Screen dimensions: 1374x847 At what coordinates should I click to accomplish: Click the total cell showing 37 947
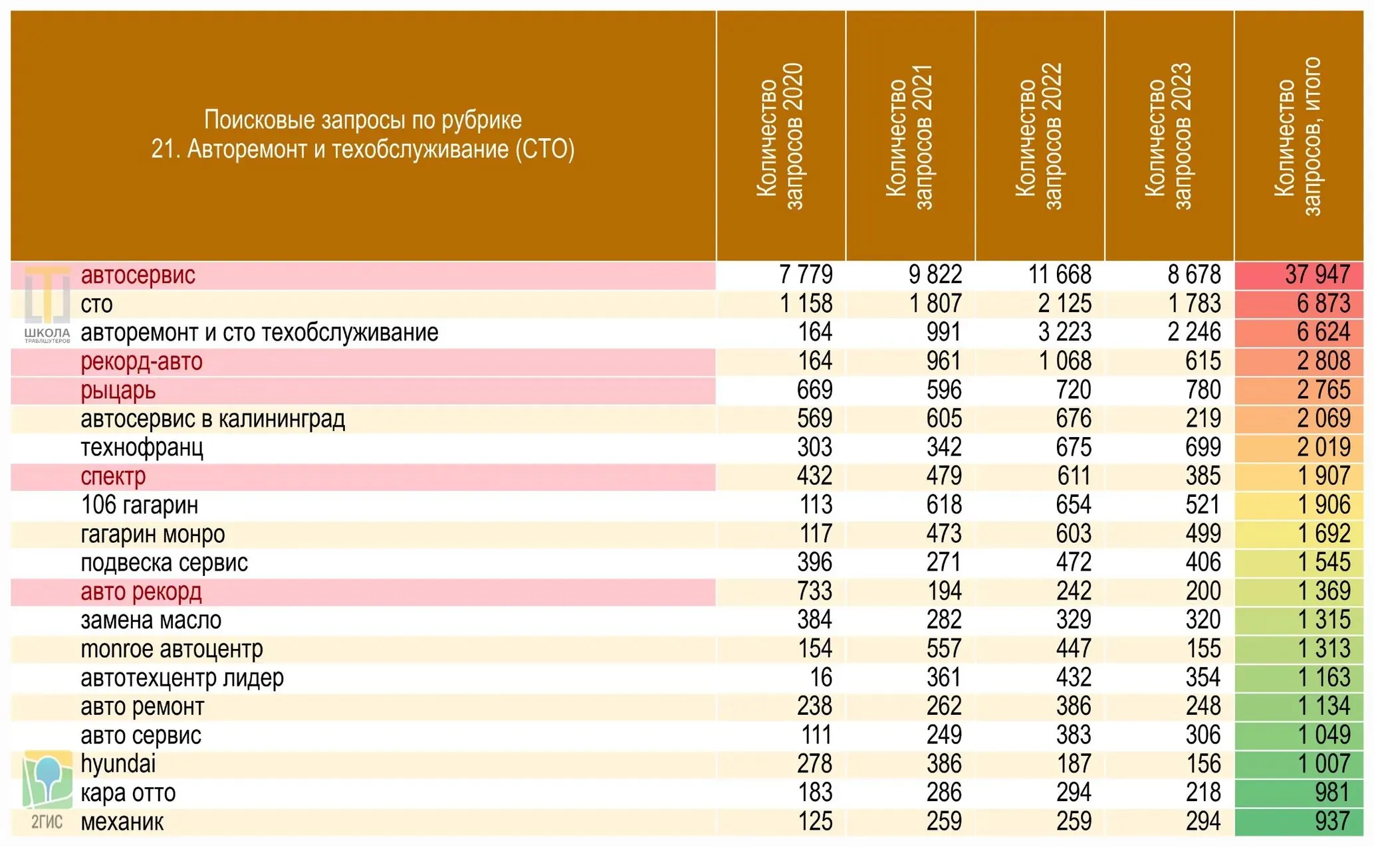pyautogui.click(x=1317, y=274)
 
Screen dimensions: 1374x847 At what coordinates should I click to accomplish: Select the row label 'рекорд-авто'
pyautogui.click(x=142, y=361)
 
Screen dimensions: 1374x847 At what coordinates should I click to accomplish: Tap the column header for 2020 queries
pyautogui.click(x=780, y=136)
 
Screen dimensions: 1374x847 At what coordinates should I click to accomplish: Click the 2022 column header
pyautogui.click(x=1039, y=136)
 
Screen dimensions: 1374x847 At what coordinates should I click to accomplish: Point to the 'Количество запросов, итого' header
pyautogui.click(x=1298, y=136)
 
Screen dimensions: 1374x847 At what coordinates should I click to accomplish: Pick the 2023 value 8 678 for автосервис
pyautogui.click(x=1194, y=274)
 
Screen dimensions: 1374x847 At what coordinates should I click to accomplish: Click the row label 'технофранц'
pyautogui.click(x=142, y=448)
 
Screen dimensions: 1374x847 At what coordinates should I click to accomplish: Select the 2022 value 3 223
pyautogui.click(x=1065, y=332)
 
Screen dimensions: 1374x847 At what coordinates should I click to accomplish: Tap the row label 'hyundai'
pyautogui.click(x=118, y=764)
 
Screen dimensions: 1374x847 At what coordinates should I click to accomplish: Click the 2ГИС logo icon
pyautogui.click(x=47, y=790)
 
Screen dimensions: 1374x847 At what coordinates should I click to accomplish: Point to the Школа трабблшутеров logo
pyautogui.click(x=47, y=305)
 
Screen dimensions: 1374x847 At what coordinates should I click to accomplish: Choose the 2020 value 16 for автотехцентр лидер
pyautogui.click(x=821, y=678)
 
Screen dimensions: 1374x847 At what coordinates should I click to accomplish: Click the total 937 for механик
pyautogui.click(x=1332, y=822)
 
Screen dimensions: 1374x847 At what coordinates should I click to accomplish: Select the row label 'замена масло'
pyautogui.click(x=151, y=620)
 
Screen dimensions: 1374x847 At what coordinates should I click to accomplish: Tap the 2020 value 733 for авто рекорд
pyautogui.click(x=815, y=591)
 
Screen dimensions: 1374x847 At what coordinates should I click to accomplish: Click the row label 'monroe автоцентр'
pyautogui.click(x=172, y=649)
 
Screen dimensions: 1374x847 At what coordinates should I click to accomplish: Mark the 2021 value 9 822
pyautogui.click(x=935, y=274)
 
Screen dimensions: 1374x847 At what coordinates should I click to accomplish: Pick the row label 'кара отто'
pyautogui.click(x=128, y=793)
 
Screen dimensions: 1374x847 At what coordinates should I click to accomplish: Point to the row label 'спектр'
pyautogui.click(x=113, y=477)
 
